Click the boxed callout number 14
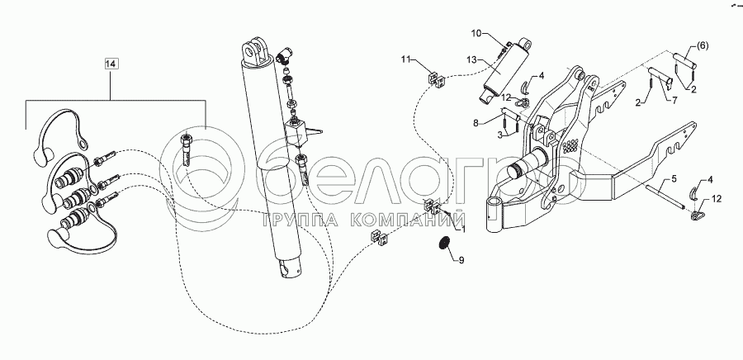pos(112,63)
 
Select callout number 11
pos(406,59)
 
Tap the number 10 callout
pos(476,34)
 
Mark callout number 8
pos(476,123)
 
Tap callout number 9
pos(461,260)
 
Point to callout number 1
pos(464,226)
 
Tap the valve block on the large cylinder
pos(298,130)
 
